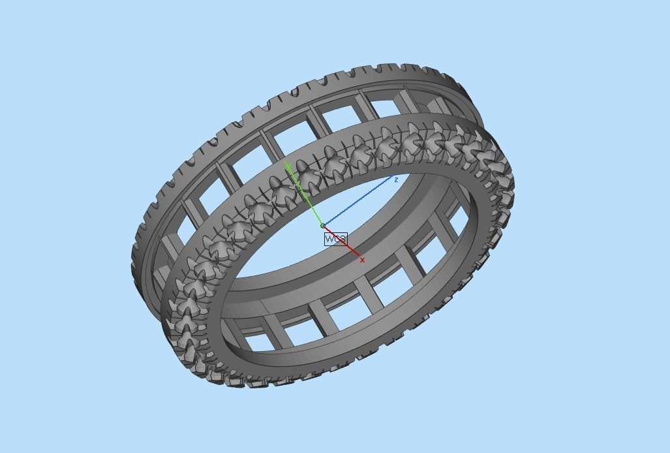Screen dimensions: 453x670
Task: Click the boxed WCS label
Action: (335, 239)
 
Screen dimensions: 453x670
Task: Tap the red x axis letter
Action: (362, 260)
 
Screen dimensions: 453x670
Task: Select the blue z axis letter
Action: (396, 180)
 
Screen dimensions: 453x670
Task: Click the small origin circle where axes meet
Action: (322, 226)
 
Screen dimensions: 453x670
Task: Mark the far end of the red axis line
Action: (358, 254)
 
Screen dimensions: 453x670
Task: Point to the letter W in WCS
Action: (329, 239)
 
